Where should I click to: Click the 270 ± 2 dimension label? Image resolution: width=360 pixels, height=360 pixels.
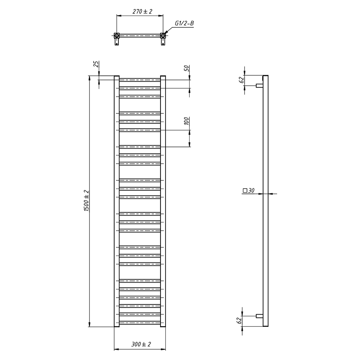pyautogui.click(x=142, y=11)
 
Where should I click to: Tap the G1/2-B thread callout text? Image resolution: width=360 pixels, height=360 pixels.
pyautogui.click(x=184, y=23)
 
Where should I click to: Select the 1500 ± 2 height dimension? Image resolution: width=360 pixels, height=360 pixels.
pyautogui.click(x=86, y=201)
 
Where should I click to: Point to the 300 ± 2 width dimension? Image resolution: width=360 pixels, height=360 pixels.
pyautogui.click(x=141, y=344)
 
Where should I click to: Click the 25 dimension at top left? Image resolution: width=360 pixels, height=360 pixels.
pyautogui.click(x=96, y=64)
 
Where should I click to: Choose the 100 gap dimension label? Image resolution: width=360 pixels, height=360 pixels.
pyautogui.click(x=186, y=121)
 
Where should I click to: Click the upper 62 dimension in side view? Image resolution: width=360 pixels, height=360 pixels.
pyautogui.click(x=241, y=80)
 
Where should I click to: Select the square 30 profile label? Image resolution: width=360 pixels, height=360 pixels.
pyautogui.click(x=249, y=190)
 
